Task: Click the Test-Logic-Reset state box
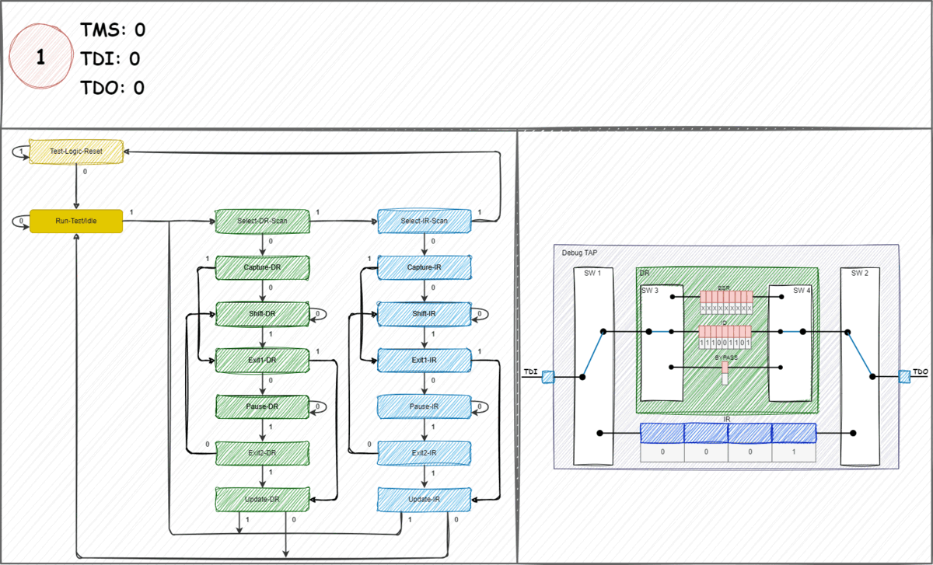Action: coord(76,151)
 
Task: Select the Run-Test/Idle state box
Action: coord(76,221)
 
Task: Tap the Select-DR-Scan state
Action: coord(262,221)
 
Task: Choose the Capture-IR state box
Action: coord(424,268)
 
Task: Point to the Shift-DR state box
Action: coord(262,314)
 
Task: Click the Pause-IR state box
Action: coord(424,406)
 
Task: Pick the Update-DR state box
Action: coord(262,498)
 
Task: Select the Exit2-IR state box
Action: coord(424,452)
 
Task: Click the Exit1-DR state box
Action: coord(262,361)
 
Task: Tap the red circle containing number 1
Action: coord(40,59)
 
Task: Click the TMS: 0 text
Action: coord(113,30)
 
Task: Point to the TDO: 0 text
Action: coord(113,88)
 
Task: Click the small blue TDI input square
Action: coord(548,377)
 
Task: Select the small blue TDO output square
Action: coord(904,376)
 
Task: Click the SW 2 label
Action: coord(858,273)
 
